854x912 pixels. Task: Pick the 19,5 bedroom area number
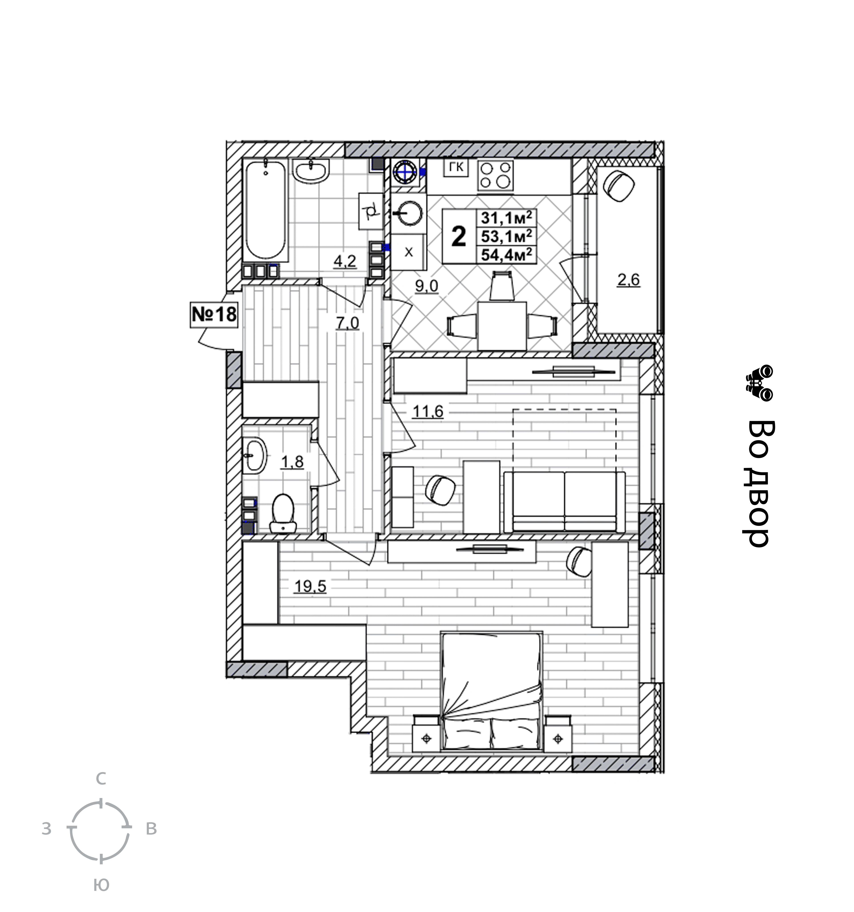[310, 586]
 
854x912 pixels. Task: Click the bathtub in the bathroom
[266, 211]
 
